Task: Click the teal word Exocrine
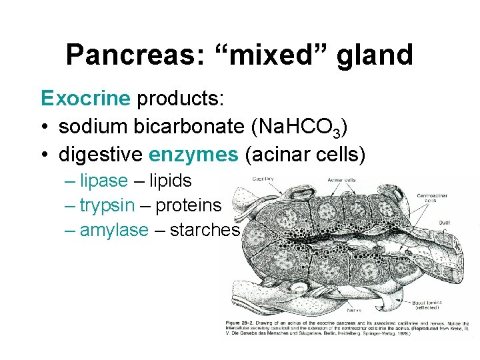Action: pos(85,99)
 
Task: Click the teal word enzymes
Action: pos(193,155)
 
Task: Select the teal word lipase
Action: pos(103,181)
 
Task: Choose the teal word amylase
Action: pos(114,230)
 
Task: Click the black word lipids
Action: pos(170,181)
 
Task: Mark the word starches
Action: pos(205,230)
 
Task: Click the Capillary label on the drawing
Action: pos(263,179)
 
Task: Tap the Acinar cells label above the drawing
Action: pos(341,179)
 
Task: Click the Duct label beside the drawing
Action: pos(444,223)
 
